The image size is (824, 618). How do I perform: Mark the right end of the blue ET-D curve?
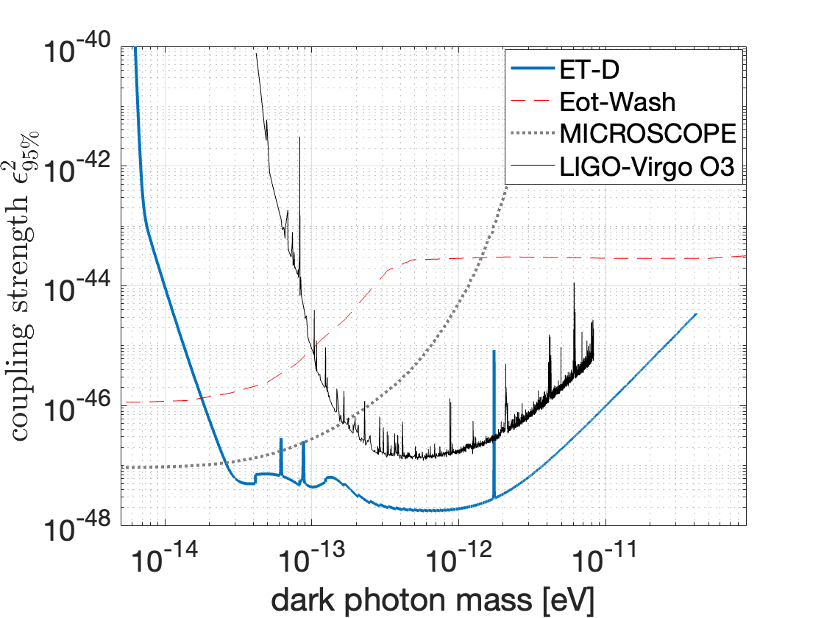click(x=695, y=314)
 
